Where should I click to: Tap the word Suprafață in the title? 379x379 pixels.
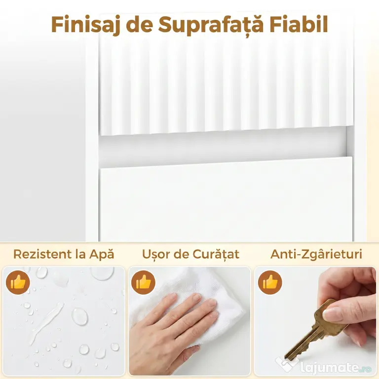pyautogui.click(x=211, y=25)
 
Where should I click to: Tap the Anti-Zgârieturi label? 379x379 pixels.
pyautogui.click(x=316, y=254)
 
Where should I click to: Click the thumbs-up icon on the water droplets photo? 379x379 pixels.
pyautogui.click(x=18, y=282)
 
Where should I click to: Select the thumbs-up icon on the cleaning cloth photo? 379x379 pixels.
pyautogui.click(x=143, y=282)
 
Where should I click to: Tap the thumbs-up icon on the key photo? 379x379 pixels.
pyautogui.click(x=270, y=282)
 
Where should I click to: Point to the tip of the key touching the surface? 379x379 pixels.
pyautogui.click(x=285, y=358)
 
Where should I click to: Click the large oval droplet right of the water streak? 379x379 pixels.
pyautogui.click(x=80, y=316)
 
